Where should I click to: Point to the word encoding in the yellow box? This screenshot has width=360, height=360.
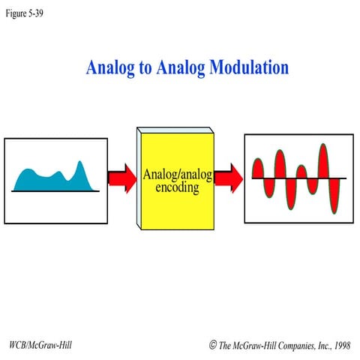(x=178, y=188)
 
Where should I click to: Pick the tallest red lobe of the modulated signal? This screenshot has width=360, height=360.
(x=324, y=161)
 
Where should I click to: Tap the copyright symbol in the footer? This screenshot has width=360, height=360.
(x=214, y=345)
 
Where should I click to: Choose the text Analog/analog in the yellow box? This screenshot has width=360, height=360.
(x=178, y=175)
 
